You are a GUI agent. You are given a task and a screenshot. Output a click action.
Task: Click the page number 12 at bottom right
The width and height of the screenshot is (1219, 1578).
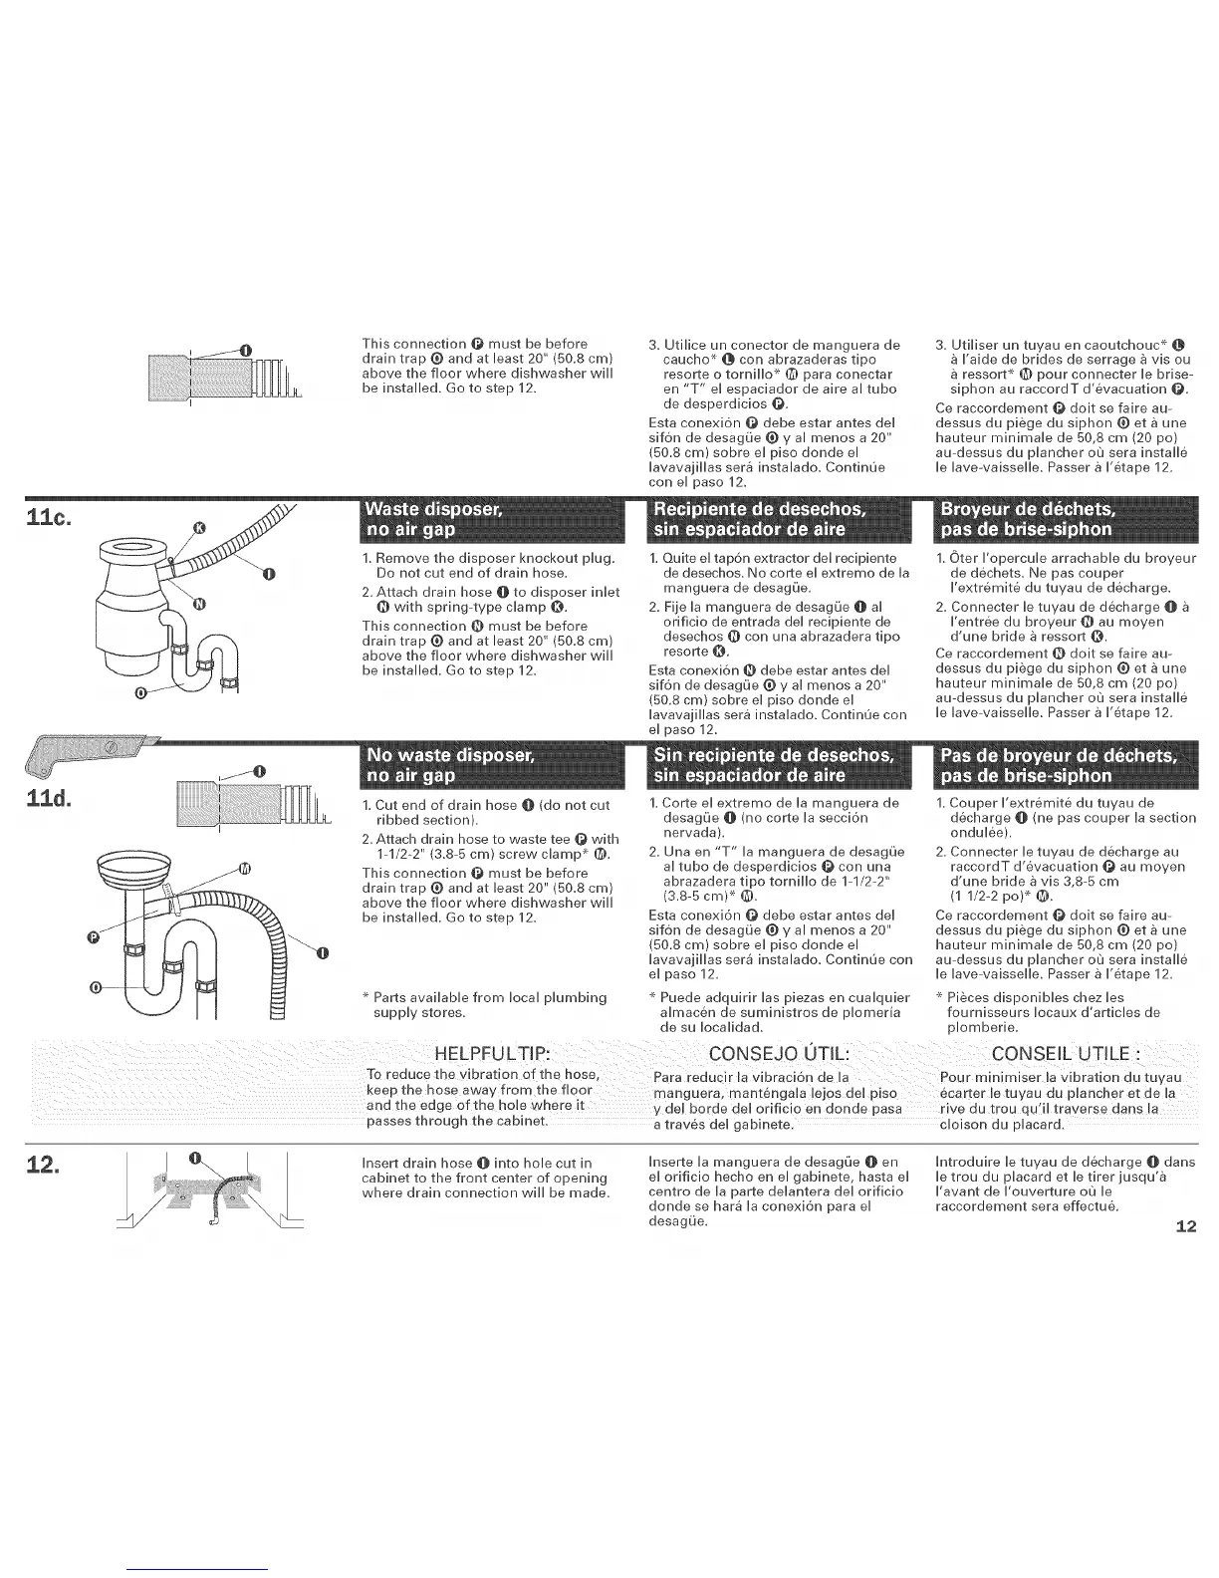coord(1184,1226)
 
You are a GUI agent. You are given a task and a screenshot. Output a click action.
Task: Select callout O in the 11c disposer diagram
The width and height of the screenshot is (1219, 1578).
coord(140,690)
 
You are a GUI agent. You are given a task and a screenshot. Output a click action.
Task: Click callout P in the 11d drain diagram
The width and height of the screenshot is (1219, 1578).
coord(94,936)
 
